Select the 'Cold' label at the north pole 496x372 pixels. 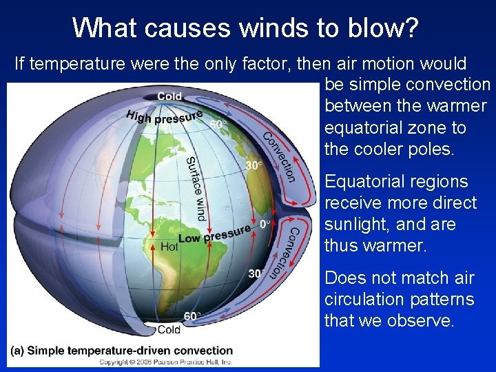point(169,96)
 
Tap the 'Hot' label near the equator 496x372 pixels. point(169,246)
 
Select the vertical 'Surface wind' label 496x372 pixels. point(196,188)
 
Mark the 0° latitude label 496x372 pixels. point(265,225)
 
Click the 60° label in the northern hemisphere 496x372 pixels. point(218,125)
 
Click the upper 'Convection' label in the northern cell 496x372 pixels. point(280,156)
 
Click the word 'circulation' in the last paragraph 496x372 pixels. point(364,300)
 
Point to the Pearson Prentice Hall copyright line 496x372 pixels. point(165,361)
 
